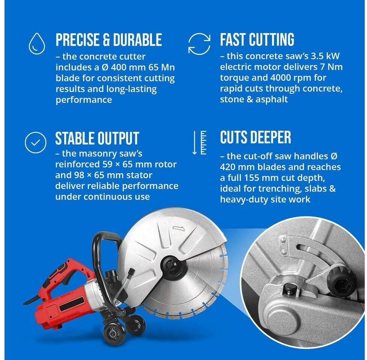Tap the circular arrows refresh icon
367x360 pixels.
[199, 44]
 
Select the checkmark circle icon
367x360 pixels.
[36, 142]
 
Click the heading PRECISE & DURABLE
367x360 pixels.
[109, 39]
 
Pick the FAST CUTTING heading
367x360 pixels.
[257, 39]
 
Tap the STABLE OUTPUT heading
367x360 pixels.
[97, 138]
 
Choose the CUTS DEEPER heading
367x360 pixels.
[255, 137]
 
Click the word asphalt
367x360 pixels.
[272, 99]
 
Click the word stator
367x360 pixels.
[140, 175]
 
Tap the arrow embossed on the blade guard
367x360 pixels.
[179, 228]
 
